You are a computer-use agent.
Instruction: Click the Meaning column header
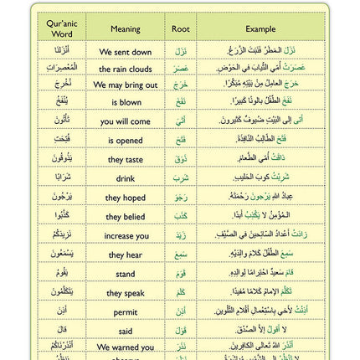[x=126, y=28]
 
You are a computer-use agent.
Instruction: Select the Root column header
[x=180, y=28]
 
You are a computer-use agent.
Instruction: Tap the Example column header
[x=260, y=28]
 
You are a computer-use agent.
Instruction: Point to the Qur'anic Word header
[x=62, y=29]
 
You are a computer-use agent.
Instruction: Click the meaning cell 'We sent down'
[x=126, y=52]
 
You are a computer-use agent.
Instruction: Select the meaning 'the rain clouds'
[x=126, y=69]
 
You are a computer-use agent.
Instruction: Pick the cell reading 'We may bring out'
[x=126, y=85]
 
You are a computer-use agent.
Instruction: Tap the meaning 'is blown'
[x=126, y=103]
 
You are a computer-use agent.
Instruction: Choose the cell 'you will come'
[x=126, y=121]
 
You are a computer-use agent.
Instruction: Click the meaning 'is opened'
[x=126, y=140]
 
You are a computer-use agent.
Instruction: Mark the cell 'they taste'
[x=126, y=159]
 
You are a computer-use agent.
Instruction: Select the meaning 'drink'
[x=126, y=178]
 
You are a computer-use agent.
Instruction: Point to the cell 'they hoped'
[x=126, y=198]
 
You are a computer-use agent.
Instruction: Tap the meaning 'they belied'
[x=126, y=217]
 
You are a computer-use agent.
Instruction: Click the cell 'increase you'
[x=126, y=235]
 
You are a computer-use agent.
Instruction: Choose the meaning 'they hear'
[x=126, y=255]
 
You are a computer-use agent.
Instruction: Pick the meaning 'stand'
[x=126, y=274]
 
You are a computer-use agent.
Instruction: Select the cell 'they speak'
[x=126, y=293]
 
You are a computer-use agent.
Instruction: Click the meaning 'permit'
[x=126, y=311]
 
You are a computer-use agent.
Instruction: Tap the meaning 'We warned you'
[x=126, y=347]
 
